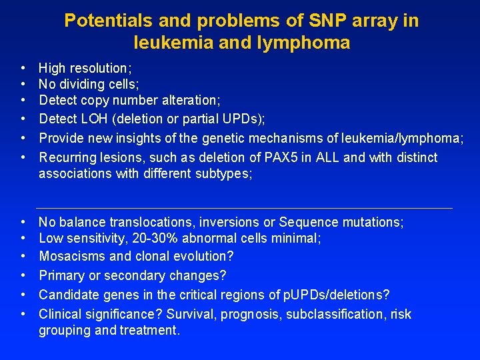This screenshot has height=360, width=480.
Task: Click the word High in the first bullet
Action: [52, 68]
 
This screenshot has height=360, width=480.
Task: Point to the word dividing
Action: [81, 84]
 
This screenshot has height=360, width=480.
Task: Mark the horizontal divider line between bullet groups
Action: [243, 208]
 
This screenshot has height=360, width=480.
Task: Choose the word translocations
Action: [165, 222]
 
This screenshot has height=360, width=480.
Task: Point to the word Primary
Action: [60, 275]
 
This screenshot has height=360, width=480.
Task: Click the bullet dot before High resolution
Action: [23, 68]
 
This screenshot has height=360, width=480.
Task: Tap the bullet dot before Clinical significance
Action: [23, 314]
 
